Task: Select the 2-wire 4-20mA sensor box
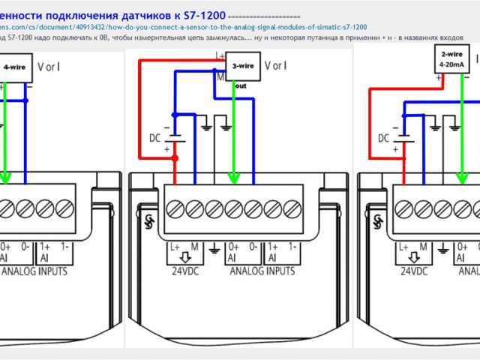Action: tap(451, 58)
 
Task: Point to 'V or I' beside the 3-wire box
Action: tap(276, 65)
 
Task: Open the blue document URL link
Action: tap(187, 26)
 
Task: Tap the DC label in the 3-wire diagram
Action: tap(154, 138)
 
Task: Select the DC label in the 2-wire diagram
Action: tap(383, 138)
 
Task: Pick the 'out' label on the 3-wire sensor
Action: tap(241, 85)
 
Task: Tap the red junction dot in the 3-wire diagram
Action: tap(175, 158)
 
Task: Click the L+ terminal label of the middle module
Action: tap(175, 246)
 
